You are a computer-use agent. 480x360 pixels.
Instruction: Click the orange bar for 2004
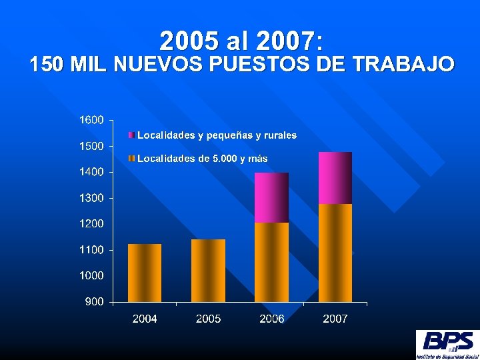(x=145, y=273)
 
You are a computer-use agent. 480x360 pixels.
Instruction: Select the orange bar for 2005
(x=208, y=270)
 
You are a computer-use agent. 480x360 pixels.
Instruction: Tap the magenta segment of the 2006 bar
(x=272, y=197)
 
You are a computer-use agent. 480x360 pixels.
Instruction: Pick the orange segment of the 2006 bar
(x=272, y=262)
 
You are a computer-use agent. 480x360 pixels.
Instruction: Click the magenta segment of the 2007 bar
(x=335, y=178)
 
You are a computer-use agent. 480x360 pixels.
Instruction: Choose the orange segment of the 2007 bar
(x=335, y=253)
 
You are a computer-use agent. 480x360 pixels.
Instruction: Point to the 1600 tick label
(x=91, y=120)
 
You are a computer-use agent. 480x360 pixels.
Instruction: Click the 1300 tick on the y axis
(x=91, y=198)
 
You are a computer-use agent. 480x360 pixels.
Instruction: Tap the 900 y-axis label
(x=94, y=302)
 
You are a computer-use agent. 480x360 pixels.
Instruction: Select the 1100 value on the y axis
(x=91, y=250)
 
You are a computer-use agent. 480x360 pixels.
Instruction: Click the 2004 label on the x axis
(x=145, y=319)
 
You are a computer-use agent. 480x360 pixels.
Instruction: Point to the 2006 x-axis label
(x=272, y=319)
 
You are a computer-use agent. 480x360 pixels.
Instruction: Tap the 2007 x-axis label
(x=335, y=319)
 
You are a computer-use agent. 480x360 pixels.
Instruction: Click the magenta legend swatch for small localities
(x=132, y=135)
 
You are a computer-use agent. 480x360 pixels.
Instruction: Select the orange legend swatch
(x=132, y=159)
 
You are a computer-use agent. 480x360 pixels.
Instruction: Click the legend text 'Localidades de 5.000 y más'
(x=202, y=159)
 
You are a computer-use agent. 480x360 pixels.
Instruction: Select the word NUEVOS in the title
(x=159, y=65)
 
